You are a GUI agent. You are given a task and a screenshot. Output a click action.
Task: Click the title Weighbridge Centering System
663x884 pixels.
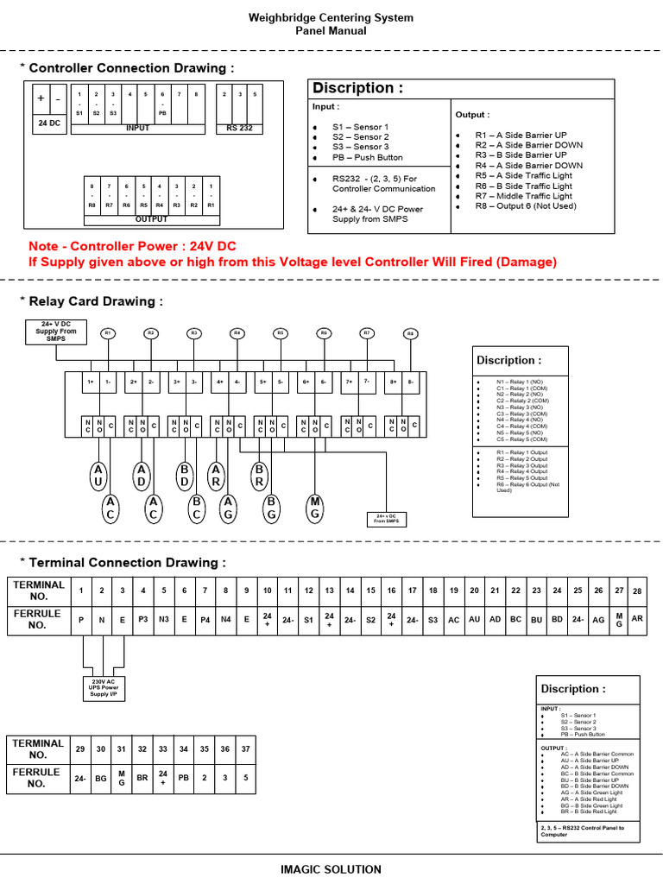331,17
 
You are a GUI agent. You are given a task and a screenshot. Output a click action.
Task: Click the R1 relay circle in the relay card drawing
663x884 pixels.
108,332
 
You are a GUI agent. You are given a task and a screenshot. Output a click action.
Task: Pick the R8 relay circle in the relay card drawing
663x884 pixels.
411,333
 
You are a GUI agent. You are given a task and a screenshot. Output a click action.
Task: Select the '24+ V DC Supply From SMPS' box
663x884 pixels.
55,331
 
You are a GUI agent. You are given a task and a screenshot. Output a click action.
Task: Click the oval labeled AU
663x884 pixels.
99,474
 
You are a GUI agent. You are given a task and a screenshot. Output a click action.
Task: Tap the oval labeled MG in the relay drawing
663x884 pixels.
315,508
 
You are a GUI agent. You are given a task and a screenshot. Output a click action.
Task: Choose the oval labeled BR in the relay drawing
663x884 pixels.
260,474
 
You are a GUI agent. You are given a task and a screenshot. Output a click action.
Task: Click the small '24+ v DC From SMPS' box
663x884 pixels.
386,519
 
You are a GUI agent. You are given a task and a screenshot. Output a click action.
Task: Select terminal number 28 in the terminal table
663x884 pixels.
637,591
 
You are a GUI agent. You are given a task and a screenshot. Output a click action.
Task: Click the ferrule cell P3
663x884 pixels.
143,619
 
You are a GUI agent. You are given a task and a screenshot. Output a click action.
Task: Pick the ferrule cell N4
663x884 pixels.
225,619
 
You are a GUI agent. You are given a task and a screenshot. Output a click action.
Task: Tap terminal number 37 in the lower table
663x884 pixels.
245,748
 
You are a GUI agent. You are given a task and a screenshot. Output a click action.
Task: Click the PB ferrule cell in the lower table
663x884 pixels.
183,777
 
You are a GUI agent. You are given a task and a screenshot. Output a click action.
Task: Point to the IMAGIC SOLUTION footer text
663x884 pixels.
331,869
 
